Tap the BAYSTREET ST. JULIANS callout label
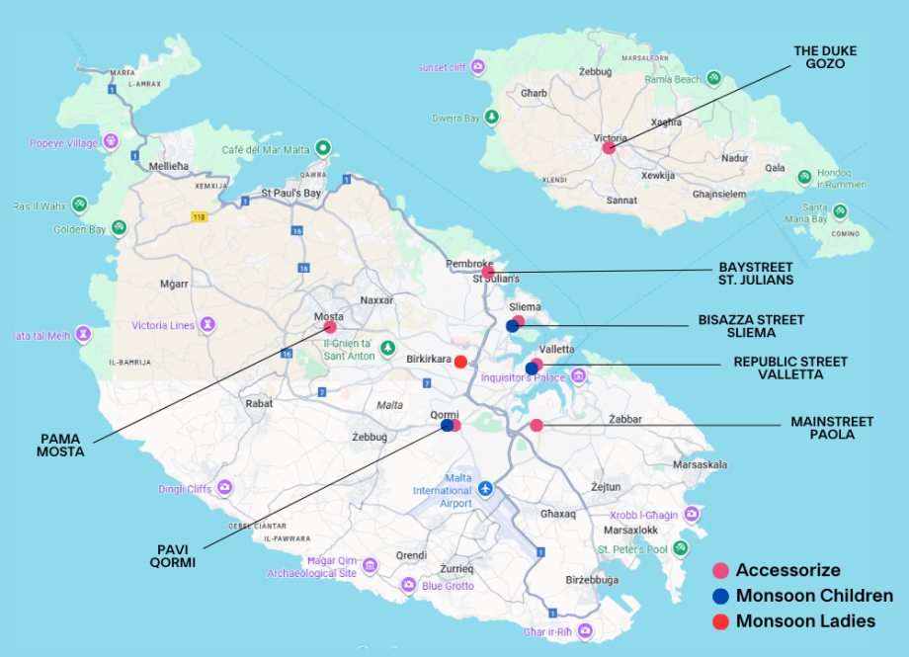pyautogui.click(x=756, y=273)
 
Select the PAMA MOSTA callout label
pyautogui.click(x=61, y=445)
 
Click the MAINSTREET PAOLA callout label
pyautogui.click(x=832, y=428)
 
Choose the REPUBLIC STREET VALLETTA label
pyautogui.click(x=777, y=369)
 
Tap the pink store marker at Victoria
pyautogui.click(x=610, y=148)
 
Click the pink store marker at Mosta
pyautogui.click(x=330, y=327)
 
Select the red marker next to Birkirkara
pyautogui.click(x=460, y=362)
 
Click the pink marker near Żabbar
pyautogui.click(x=537, y=426)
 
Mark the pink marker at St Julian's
pyautogui.click(x=488, y=272)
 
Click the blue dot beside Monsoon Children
pyautogui.click(x=721, y=596)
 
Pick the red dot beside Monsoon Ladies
pyautogui.click(x=721, y=621)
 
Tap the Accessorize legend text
pyautogui.click(x=787, y=570)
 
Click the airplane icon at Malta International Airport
pyautogui.click(x=485, y=489)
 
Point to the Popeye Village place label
pyautogui.click(x=64, y=142)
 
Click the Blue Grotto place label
pyautogui.click(x=448, y=586)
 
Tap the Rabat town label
pyautogui.click(x=259, y=403)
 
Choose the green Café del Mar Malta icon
pyautogui.click(x=322, y=149)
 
